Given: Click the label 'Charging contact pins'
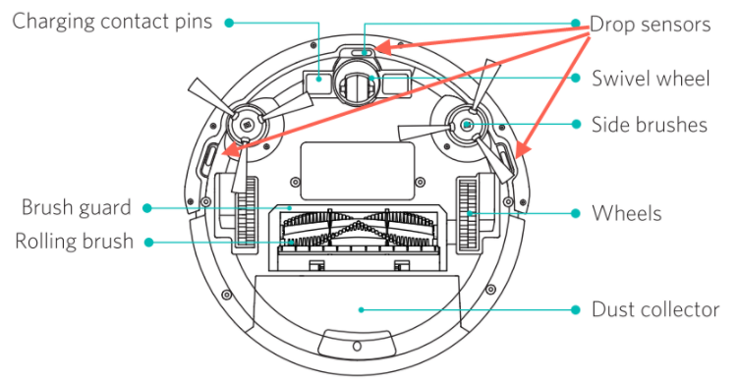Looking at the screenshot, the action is [112, 22].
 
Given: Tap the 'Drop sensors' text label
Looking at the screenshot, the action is [650, 24].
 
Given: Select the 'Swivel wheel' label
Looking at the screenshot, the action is [651, 79].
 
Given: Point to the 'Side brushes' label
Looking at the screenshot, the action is [650, 125].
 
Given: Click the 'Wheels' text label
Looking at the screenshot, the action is [626, 213].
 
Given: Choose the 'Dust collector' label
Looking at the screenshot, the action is [655, 309].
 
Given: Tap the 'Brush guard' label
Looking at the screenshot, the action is [77, 207].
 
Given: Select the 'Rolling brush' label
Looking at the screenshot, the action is [75, 241].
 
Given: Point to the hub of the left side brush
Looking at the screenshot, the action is [247, 124].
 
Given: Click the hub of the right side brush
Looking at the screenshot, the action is [466, 125].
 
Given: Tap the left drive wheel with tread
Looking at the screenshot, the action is [246, 211].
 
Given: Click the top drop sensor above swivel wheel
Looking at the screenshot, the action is [364, 52].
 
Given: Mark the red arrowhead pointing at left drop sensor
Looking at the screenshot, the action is [230, 150].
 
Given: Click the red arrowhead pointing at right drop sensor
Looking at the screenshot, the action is [522, 149].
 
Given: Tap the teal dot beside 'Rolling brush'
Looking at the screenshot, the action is [149, 243].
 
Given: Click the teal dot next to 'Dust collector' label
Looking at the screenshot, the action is [575, 309].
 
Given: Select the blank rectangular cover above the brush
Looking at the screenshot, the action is [358, 171].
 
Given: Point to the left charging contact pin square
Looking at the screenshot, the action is [318, 79].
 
